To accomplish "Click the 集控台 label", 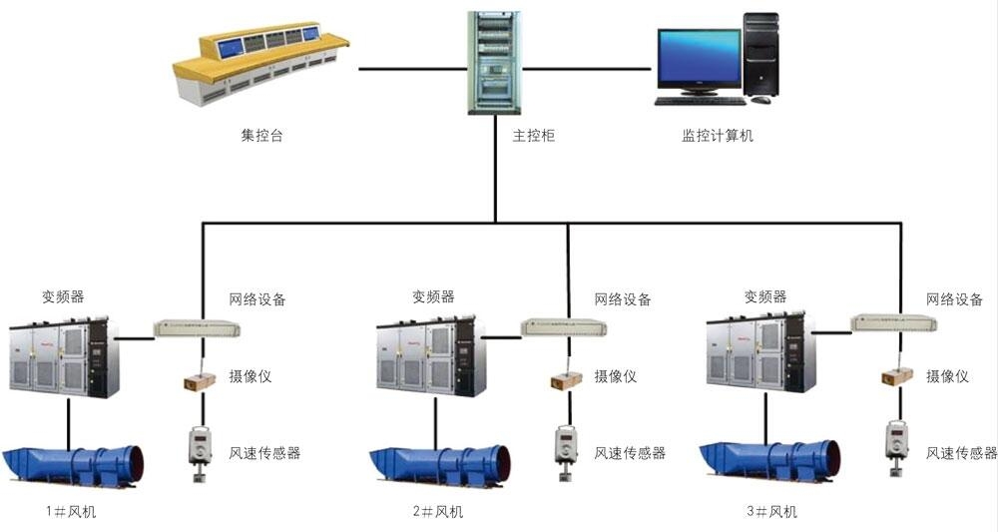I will pos(262,136).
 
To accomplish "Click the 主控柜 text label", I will pos(533,136).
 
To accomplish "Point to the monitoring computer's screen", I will pos(695,60).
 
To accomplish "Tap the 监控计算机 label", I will pos(711,136).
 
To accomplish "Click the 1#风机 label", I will pos(72,512).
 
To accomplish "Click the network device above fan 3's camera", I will pos(895,321).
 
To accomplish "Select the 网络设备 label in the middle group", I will pos(623,299).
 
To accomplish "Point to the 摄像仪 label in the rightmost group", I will pos(947,376).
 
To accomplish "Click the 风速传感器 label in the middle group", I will pos(630,453).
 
